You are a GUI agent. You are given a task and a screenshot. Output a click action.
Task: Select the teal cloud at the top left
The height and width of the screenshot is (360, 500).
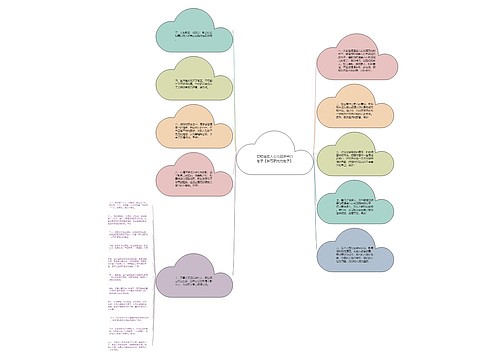(194, 34)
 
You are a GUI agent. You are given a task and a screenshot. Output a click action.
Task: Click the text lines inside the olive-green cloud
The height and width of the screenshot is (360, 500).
(194, 86)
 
